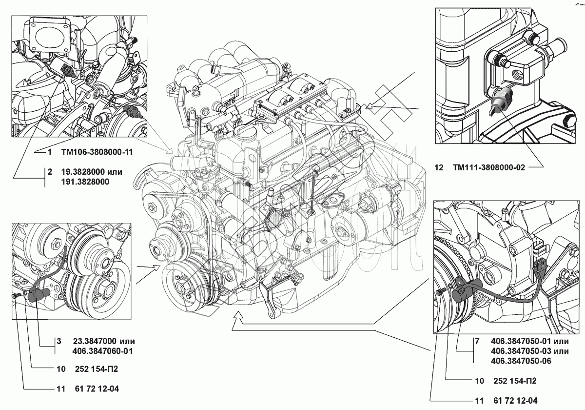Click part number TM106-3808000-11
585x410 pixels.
pos(97,152)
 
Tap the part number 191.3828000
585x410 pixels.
pos(85,182)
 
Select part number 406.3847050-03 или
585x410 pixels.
pos(529,351)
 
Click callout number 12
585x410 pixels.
pos(439,167)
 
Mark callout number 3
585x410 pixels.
pos(58,341)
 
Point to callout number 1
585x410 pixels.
pos(49,152)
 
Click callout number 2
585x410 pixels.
pos(49,172)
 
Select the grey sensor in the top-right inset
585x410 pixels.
pos(500,100)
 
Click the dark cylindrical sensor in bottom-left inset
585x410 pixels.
pos(37,295)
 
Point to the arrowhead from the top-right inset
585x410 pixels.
pos(368,105)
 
